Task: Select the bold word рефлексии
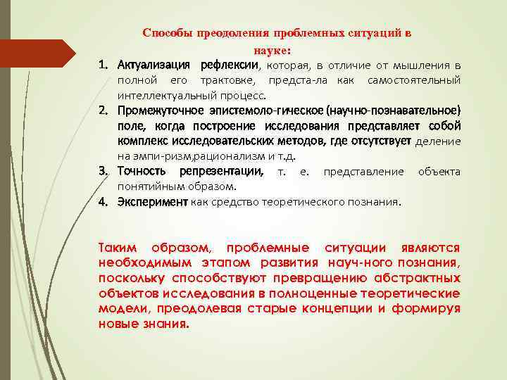(x=231, y=65)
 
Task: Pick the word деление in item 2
(x=438, y=141)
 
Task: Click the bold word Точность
(x=142, y=172)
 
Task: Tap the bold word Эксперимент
(x=153, y=202)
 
